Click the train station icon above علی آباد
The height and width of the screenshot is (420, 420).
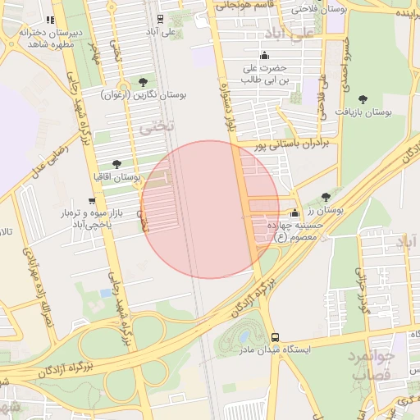point(159,17)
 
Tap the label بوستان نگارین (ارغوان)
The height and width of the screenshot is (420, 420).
point(151,95)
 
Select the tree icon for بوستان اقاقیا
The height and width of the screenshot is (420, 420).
point(116,164)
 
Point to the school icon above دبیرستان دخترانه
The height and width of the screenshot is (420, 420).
point(50,20)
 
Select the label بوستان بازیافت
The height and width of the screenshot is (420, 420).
point(388,110)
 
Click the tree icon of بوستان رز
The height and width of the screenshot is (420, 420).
point(326,197)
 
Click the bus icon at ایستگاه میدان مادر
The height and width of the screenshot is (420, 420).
point(275,337)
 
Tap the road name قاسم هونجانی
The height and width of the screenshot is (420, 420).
point(244,5)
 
